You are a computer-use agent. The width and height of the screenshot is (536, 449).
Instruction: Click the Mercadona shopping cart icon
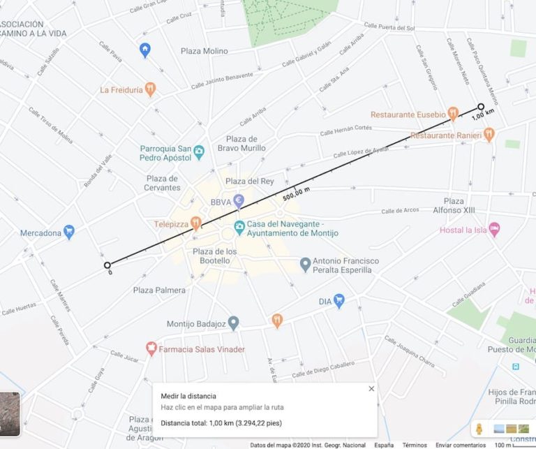click(68, 232)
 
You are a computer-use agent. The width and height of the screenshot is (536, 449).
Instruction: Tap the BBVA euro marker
click(239, 201)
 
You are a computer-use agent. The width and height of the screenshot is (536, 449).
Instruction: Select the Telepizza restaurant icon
click(196, 224)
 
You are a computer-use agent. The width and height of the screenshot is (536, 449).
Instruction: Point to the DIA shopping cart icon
click(339, 301)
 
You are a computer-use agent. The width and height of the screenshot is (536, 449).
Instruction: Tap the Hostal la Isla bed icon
click(494, 229)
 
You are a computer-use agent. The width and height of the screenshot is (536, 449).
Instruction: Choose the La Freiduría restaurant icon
click(150, 89)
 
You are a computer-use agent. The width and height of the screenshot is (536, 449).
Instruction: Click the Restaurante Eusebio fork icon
click(453, 114)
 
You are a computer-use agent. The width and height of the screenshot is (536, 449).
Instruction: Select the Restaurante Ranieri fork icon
click(489, 133)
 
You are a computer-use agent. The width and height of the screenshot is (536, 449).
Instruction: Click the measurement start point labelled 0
click(107, 265)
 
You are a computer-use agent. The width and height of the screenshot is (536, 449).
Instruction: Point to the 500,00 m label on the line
click(296, 193)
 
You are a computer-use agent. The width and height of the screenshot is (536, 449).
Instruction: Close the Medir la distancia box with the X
click(371, 389)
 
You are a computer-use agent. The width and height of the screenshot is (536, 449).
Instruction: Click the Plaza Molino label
click(204, 51)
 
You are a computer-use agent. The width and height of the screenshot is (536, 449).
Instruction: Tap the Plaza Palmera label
click(159, 290)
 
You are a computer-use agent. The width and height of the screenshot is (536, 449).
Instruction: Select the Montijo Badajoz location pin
click(234, 323)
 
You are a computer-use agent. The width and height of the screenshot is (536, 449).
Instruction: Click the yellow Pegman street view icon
click(479, 427)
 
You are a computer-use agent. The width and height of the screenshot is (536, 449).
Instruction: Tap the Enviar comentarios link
click(461, 445)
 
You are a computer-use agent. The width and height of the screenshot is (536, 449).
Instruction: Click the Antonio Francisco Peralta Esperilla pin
click(305, 265)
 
